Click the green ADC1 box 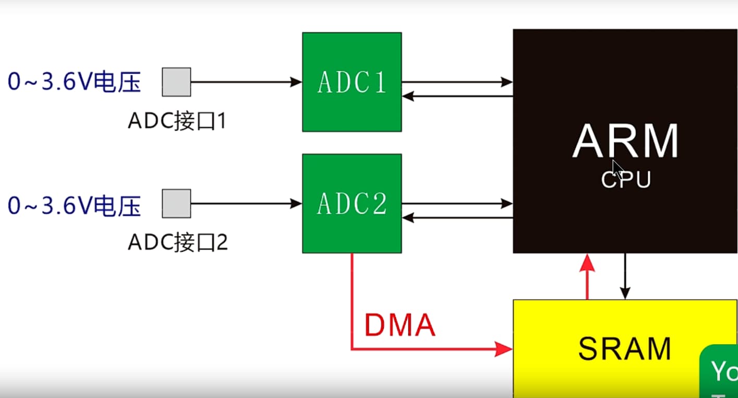click(352, 82)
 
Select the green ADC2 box click(352, 204)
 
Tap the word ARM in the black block click(625, 142)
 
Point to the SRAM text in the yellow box click(624, 349)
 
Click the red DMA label click(400, 325)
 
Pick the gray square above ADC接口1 click(176, 82)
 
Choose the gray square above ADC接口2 click(176, 204)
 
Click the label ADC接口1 click(177, 122)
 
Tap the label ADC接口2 click(177, 243)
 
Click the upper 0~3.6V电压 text click(75, 82)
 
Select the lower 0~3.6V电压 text click(75, 206)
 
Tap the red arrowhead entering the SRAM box click(503, 349)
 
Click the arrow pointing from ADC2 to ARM click(457, 204)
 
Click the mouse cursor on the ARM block click(617, 169)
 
